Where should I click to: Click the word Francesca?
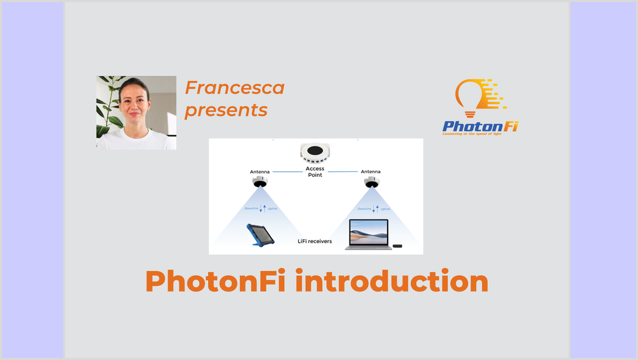(x=234, y=88)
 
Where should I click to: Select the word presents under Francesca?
(x=226, y=111)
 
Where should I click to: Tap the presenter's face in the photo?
(x=134, y=102)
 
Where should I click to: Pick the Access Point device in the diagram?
(x=315, y=151)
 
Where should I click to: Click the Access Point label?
(x=315, y=172)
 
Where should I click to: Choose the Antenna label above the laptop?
(x=371, y=172)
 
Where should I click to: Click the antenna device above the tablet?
(x=260, y=182)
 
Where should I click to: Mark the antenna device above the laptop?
(x=372, y=182)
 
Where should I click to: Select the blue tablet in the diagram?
(x=261, y=235)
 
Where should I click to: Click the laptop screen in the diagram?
(x=368, y=232)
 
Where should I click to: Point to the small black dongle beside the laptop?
(x=398, y=246)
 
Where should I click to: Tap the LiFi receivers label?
(x=315, y=241)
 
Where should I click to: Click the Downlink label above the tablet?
(x=251, y=209)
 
